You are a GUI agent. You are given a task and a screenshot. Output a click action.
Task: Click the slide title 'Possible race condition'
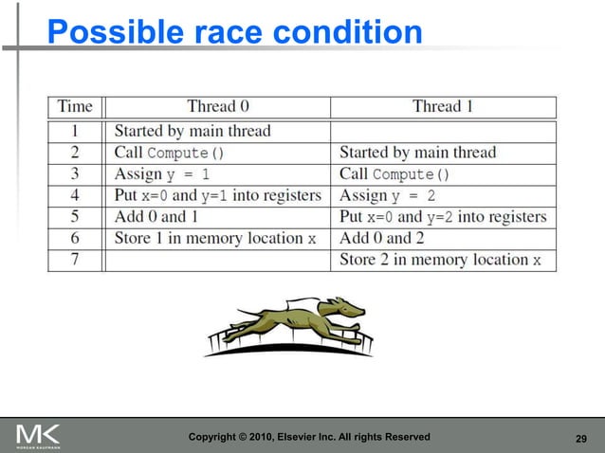[235, 33]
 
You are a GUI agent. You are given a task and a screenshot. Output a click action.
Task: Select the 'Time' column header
[75, 106]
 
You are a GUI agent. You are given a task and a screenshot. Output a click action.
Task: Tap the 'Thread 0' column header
[218, 106]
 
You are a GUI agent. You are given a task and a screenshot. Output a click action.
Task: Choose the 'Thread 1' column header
[443, 106]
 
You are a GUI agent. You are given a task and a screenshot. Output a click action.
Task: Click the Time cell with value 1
[75, 131]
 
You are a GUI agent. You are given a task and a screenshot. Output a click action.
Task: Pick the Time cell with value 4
[75, 195]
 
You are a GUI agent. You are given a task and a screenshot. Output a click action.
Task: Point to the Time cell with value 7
[75, 260]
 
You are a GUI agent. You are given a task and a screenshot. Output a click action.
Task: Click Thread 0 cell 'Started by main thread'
[192, 131]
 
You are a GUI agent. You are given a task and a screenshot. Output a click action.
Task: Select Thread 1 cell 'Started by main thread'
[417, 153]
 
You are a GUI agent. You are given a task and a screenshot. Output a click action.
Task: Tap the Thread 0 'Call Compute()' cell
[169, 153]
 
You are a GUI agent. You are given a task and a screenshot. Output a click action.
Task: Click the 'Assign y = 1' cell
[161, 174]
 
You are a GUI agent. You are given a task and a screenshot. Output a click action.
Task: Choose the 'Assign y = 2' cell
[389, 195]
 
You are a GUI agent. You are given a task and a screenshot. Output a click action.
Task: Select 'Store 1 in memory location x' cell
[215, 238]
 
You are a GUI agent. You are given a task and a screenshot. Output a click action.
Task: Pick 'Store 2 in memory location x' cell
[441, 260]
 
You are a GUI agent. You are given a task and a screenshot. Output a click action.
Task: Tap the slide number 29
[583, 438]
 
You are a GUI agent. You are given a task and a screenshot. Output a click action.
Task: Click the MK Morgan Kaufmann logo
[38, 436]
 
